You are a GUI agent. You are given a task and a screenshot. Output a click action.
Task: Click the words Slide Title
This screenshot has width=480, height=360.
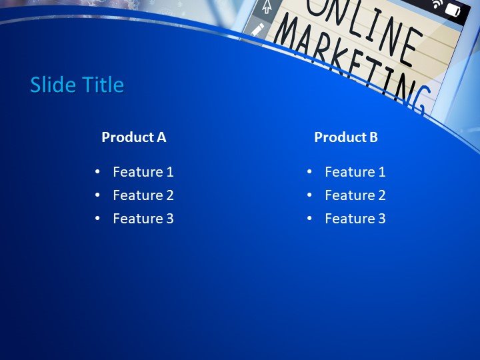point(77,85)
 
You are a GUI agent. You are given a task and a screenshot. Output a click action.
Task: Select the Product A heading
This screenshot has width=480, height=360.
point(133,137)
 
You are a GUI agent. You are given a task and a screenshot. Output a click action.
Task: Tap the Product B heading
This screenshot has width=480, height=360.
point(345,137)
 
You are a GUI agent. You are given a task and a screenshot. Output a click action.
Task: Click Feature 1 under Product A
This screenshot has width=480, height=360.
point(143,172)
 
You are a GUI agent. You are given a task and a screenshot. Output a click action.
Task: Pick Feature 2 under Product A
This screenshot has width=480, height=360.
point(143,195)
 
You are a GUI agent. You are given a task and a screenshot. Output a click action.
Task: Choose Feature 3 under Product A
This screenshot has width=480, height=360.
point(143,219)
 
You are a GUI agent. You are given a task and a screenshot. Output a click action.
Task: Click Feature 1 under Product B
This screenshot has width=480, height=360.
point(355,172)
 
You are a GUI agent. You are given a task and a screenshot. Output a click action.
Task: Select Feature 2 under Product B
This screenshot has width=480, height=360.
point(355,195)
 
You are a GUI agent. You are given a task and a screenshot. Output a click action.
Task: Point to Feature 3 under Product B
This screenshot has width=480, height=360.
point(355,219)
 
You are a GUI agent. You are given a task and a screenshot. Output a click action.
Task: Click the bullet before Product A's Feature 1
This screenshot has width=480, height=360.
point(98,172)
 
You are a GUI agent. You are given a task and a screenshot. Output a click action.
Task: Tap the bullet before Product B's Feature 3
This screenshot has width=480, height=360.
point(310,219)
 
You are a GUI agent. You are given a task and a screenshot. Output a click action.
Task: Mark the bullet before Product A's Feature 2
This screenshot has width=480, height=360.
point(98,195)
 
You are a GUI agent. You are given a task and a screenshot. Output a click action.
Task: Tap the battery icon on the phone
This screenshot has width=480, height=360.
point(453,10)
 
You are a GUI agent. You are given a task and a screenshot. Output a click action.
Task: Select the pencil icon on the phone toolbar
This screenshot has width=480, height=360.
point(258,30)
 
